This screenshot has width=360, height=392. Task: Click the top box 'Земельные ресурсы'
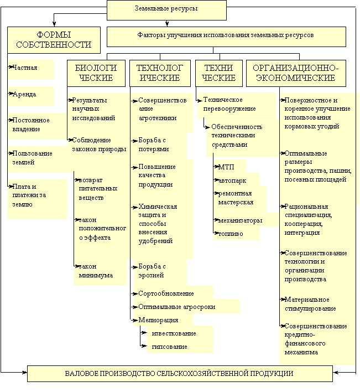click(166, 11)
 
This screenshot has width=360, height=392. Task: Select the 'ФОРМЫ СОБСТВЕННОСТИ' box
click(54, 40)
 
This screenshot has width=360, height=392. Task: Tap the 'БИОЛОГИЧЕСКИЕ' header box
click(96, 73)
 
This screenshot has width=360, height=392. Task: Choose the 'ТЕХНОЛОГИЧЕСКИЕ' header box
click(160, 73)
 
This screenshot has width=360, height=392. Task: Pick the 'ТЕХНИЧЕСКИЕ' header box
click(218, 73)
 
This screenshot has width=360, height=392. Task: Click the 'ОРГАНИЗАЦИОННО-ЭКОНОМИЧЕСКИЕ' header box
click(296, 73)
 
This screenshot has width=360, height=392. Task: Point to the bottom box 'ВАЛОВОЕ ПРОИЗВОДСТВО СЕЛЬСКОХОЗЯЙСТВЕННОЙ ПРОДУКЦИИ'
click(180, 374)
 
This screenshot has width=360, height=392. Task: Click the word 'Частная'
click(25, 68)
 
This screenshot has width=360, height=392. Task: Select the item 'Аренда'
click(24, 94)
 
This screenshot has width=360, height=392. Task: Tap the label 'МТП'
click(226, 167)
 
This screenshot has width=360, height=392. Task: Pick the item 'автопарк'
click(232, 180)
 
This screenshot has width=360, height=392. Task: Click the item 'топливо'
click(231, 234)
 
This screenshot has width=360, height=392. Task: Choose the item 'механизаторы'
click(240, 220)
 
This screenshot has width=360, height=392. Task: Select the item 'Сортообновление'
click(166, 293)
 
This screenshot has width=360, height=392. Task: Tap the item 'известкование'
click(174, 333)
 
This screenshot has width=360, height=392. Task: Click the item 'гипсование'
click(169, 347)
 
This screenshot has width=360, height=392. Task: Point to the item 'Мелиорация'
click(158, 320)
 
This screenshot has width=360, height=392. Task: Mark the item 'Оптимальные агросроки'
click(177, 307)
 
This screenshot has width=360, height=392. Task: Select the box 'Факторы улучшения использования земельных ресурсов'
click(226, 37)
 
